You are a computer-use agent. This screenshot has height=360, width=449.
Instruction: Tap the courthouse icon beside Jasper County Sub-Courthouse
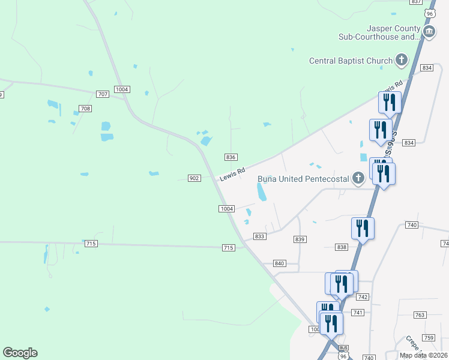(x=429, y=32)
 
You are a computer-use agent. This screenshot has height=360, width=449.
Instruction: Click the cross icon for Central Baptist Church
(x=402, y=60)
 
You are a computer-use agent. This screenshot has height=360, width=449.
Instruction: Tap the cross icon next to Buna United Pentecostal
(x=358, y=177)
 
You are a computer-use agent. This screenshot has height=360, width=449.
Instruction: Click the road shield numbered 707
(x=103, y=94)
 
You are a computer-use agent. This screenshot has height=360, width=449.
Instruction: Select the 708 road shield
(x=85, y=109)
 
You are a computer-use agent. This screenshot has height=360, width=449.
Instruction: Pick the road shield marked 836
(x=231, y=157)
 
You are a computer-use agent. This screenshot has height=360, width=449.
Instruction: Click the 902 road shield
(x=194, y=178)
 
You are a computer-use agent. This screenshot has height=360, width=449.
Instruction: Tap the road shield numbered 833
(x=259, y=236)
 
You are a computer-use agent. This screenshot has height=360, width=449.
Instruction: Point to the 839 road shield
(x=300, y=239)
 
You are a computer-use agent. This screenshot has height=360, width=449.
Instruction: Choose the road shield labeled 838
(x=342, y=247)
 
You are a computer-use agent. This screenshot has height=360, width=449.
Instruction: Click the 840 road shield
(x=279, y=263)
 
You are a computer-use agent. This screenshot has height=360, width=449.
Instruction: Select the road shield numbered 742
(x=362, y=297)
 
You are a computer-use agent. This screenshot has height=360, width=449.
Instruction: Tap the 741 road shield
(x=358, y=313)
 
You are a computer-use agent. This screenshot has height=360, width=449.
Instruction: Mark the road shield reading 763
(x=420, y=315)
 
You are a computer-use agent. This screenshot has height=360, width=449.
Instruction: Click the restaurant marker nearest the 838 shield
(x=363, y=229)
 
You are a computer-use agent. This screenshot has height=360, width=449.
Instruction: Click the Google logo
(x=20, y=353)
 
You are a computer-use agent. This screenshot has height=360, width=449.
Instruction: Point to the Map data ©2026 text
(x=423, y=355)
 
